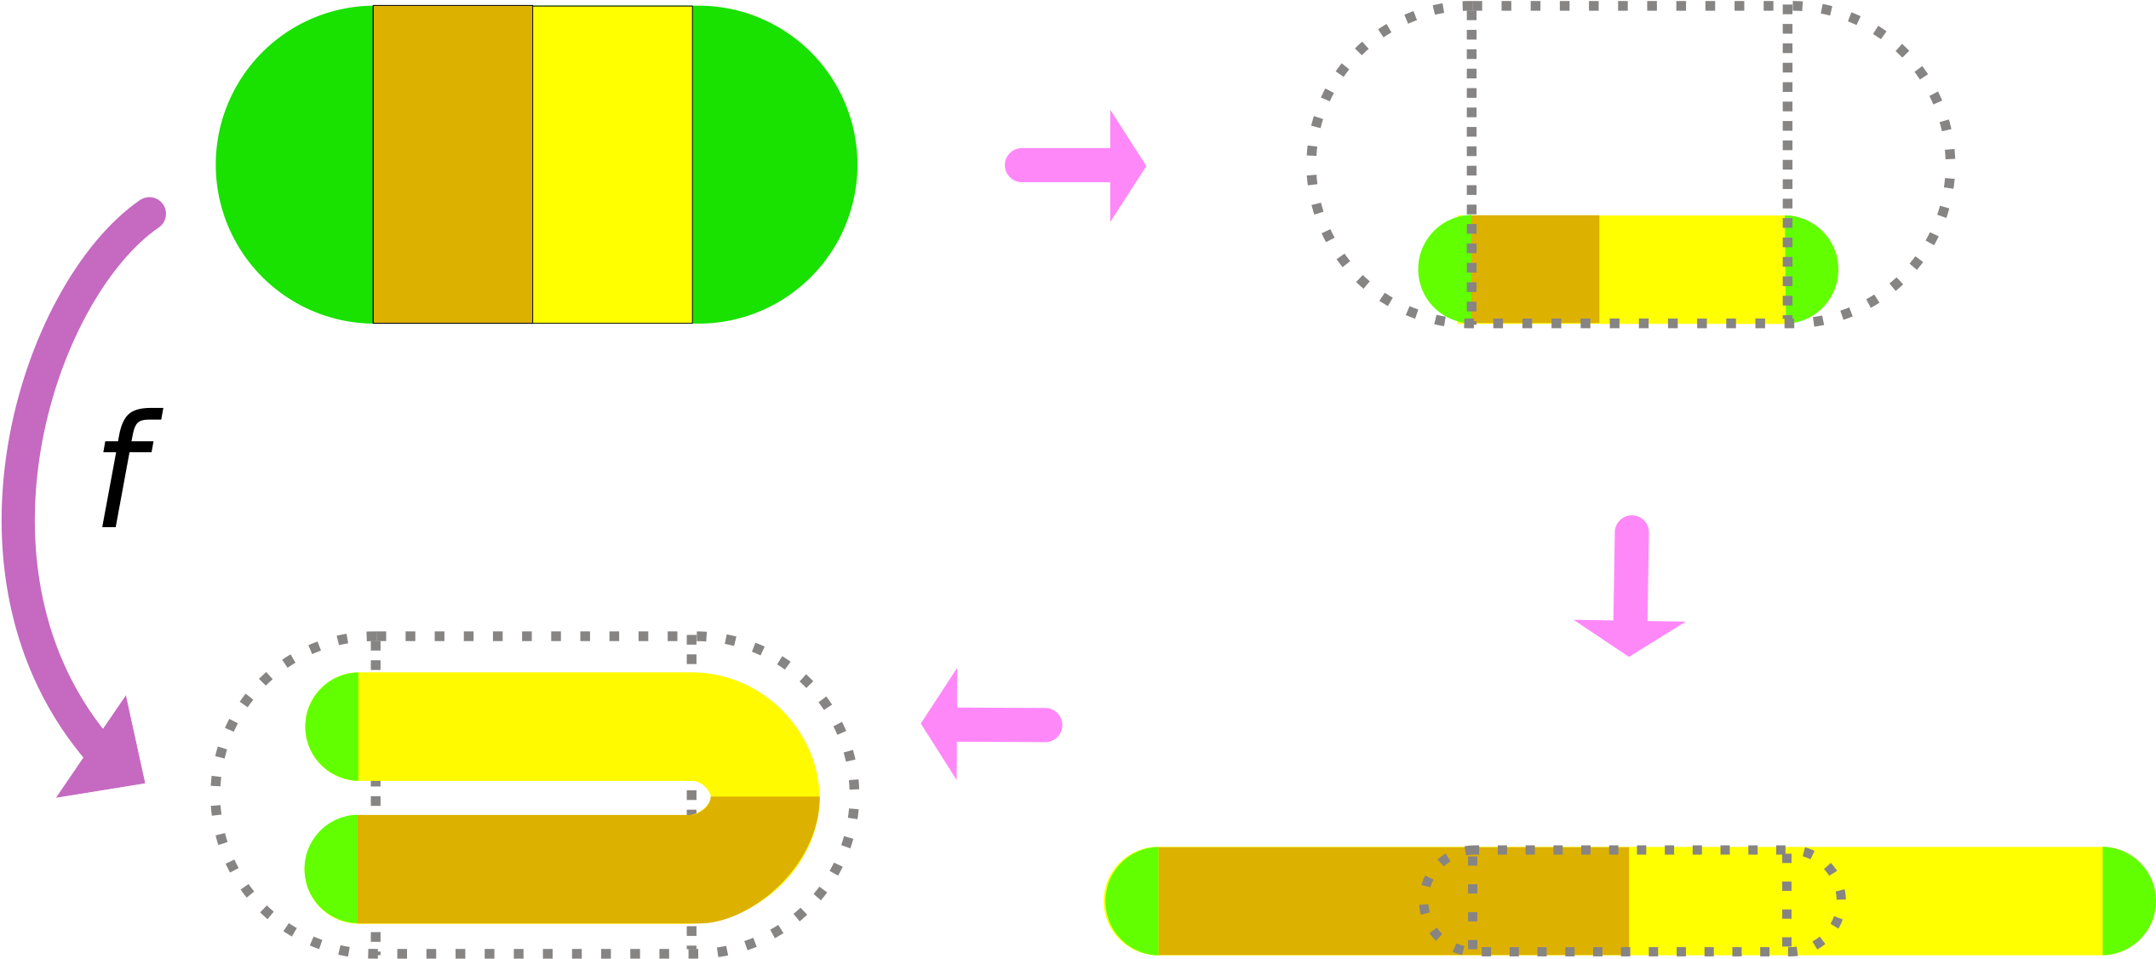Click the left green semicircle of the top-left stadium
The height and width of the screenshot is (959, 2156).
pyautogui.click(x=294, y=164)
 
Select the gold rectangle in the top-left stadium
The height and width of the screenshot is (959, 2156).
pyautogui.click(x=452, y=164)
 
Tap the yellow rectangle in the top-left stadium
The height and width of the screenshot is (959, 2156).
pyautogui.click(x=612, y=164)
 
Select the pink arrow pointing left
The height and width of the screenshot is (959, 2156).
pyautogui.click(x=988, y=724)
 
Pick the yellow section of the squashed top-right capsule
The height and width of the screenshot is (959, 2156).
pyautogui.click(x=1690, y=269)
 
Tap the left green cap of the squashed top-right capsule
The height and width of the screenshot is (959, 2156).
pyautogui.click(x=1443, y=269)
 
